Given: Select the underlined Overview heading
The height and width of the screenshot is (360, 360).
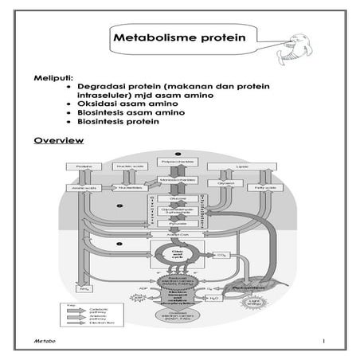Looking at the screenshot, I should (59, 141).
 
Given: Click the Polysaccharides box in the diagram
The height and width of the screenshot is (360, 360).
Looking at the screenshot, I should (179, 162).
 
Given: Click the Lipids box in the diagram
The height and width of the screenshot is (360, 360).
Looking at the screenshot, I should (242, 167).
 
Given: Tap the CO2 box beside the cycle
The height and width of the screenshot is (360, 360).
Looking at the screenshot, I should (224, 255).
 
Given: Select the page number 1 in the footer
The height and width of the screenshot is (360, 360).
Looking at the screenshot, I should (325, 341).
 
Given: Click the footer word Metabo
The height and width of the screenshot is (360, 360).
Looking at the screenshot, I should (45, 341).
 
